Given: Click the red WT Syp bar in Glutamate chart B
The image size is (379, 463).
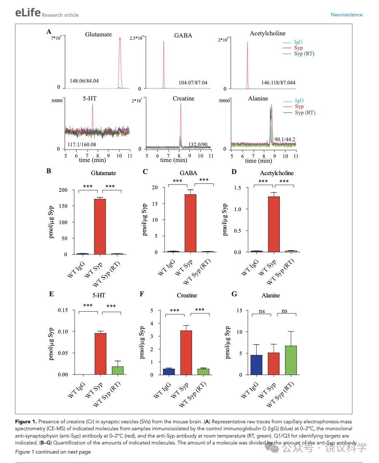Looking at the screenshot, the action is (100, 226).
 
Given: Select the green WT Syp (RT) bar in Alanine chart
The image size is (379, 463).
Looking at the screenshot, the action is (290, 360).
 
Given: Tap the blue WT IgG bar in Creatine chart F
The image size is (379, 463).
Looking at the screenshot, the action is (169, 372).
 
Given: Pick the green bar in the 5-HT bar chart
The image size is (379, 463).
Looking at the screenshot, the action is (118, 370).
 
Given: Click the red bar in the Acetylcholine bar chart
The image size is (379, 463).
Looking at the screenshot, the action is (274, 224).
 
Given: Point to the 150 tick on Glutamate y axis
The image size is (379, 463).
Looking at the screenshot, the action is (63, 206).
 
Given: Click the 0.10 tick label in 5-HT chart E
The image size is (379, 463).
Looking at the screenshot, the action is (63, 332).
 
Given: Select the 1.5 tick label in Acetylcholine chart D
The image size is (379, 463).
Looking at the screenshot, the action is (238, 188).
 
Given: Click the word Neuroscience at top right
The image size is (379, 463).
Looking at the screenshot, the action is (347, 15).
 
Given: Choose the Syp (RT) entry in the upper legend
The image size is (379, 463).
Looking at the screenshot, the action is (304, 54).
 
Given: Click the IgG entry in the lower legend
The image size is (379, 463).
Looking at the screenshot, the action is (299, 100).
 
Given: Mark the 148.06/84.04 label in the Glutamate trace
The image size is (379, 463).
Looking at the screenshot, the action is (84, 81).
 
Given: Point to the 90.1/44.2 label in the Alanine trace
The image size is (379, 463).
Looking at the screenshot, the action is (285, 139).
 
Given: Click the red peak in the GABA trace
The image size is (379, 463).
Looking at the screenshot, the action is (164, 64).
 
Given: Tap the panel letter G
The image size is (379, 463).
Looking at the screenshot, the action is (234, 294).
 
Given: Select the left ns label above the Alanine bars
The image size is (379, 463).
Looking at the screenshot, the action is (262, 311).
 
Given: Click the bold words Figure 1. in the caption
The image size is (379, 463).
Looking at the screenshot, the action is (26, 422).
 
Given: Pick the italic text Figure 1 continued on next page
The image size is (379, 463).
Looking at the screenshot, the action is (53, 452).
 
